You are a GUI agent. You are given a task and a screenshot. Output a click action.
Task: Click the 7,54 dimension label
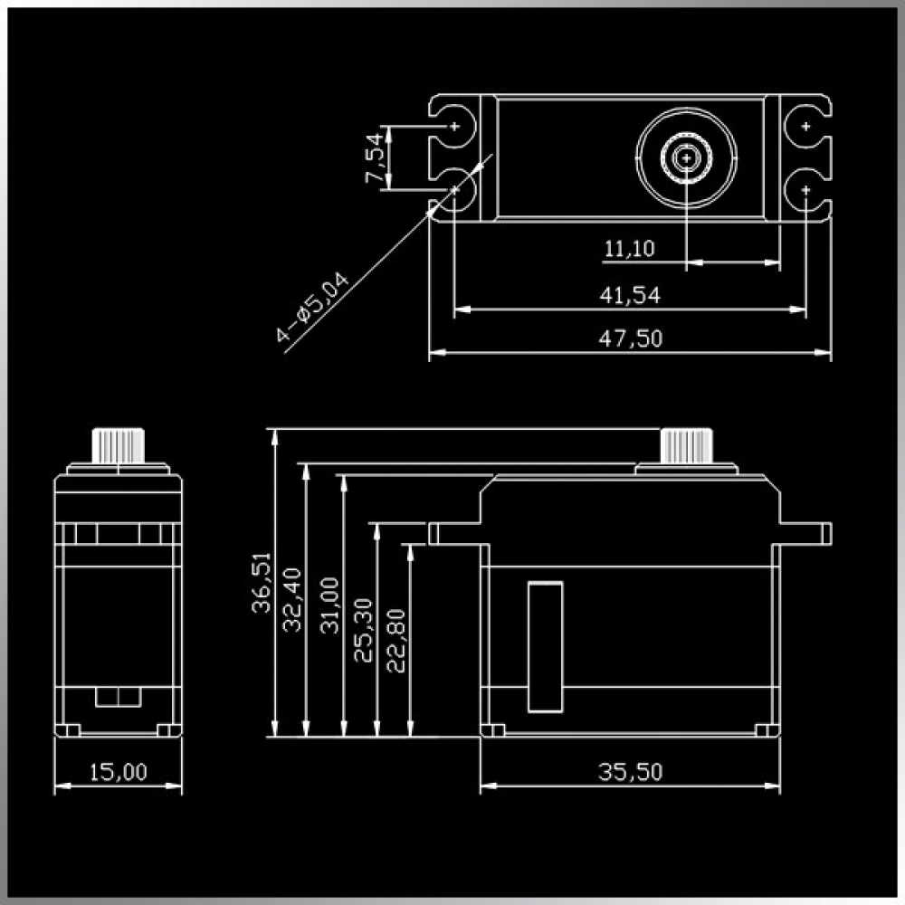click(375, 158)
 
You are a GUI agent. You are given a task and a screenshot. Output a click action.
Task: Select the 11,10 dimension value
click(629, 249)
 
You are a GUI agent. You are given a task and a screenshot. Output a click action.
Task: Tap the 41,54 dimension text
click(630, 296)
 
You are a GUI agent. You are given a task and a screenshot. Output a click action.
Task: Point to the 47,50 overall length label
click(630, 338)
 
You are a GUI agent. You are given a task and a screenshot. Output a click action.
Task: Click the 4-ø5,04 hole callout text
click(312, 307)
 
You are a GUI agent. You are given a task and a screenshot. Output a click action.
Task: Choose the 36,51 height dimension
click(262, 582)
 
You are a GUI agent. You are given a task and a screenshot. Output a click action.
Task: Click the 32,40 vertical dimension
click(292, 600)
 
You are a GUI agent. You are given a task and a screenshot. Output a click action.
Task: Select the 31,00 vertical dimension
click(329, 605)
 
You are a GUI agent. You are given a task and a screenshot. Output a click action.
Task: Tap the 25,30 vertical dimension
click(364, 630)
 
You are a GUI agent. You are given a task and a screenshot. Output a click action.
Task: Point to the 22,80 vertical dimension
click(396, 641)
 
